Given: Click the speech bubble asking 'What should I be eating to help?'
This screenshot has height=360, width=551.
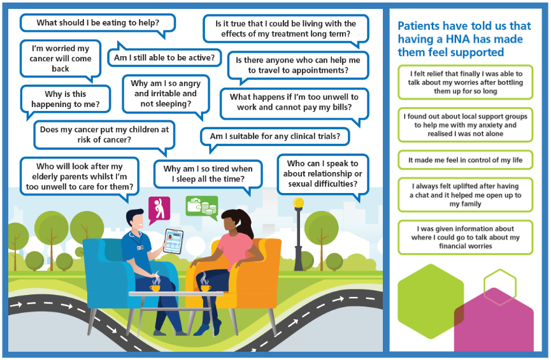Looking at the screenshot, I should point(97,23).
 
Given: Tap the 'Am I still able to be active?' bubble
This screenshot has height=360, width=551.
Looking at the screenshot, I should point(164,58).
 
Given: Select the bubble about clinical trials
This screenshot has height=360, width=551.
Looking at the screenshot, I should point(279,136).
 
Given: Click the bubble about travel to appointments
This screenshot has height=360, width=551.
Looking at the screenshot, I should point(297,65).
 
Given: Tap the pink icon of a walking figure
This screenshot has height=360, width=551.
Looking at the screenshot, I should point(159,208).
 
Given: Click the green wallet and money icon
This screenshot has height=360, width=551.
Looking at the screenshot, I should point(201,206).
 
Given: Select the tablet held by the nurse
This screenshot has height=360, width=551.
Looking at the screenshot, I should point(173,241).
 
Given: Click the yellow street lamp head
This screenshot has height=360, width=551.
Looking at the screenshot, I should point(298,203).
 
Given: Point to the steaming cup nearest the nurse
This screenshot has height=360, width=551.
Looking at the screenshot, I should point(155,287).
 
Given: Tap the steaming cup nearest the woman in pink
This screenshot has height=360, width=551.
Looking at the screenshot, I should point(205,287).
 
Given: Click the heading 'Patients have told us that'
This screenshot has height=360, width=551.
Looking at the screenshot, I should point(464,26).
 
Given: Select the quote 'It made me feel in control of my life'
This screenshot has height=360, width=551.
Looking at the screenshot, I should point(465,160).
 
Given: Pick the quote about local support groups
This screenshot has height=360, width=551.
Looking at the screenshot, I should point(465,125).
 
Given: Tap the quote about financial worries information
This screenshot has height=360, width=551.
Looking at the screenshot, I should point(465,237).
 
